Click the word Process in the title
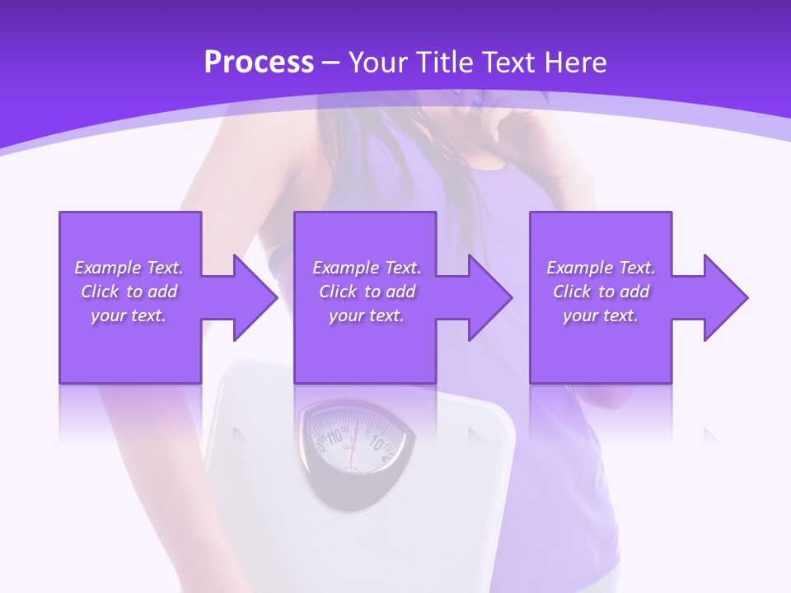pos(259,63)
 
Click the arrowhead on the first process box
pos(251,297)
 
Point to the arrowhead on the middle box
pos(487,297)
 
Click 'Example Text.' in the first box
pos(129,268)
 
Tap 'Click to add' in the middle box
pos(367,292)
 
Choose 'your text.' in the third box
pos(601,315)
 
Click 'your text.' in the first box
pos(129,315)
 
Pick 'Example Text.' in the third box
pos(601,268)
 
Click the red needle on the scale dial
pos(353,445)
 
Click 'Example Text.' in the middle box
pos(367,268)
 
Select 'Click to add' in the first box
pos(129,292)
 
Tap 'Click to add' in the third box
pos(601,292)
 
